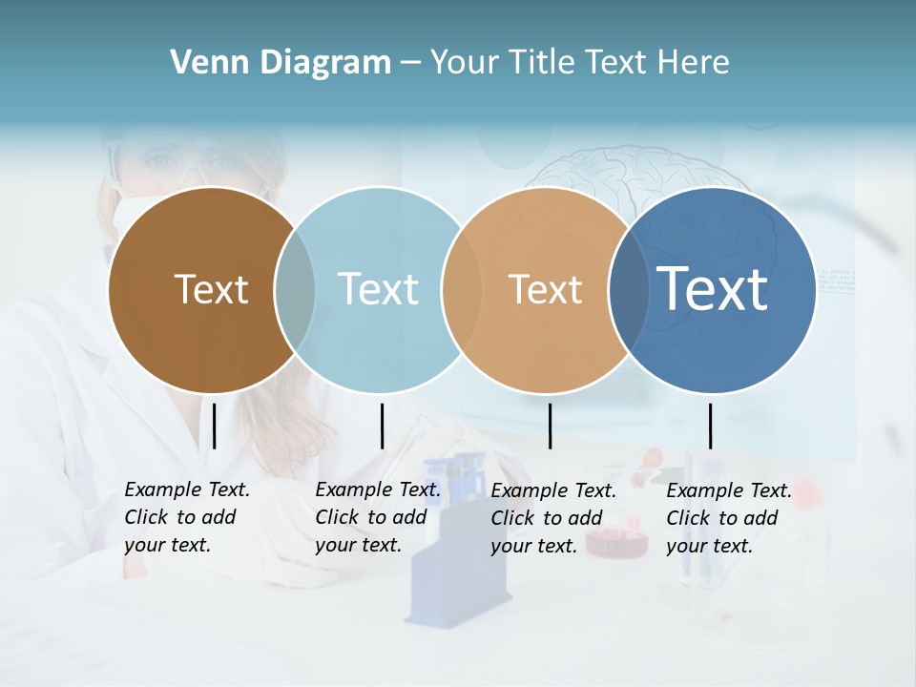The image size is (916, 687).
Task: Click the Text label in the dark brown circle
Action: pos(211,289)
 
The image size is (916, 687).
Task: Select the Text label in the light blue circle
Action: pos(378,289)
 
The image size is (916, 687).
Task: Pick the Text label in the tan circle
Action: pos(545,289)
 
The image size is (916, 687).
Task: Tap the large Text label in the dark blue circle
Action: pos(713,288)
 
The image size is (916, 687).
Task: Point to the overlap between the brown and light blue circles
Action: pos(295,290)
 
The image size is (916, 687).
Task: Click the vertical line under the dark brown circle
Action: pos(214,426)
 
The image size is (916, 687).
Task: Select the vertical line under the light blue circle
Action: pos(382,426)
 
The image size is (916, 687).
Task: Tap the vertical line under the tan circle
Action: pos(550,426)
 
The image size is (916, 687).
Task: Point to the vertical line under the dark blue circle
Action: pos(710,426)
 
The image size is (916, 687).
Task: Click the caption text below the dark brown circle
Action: pos(186,517)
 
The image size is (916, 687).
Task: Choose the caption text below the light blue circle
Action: pos(377,517)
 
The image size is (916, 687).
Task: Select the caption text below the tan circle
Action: pos(552,518)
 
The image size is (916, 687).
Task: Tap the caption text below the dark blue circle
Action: pos(728,518)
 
